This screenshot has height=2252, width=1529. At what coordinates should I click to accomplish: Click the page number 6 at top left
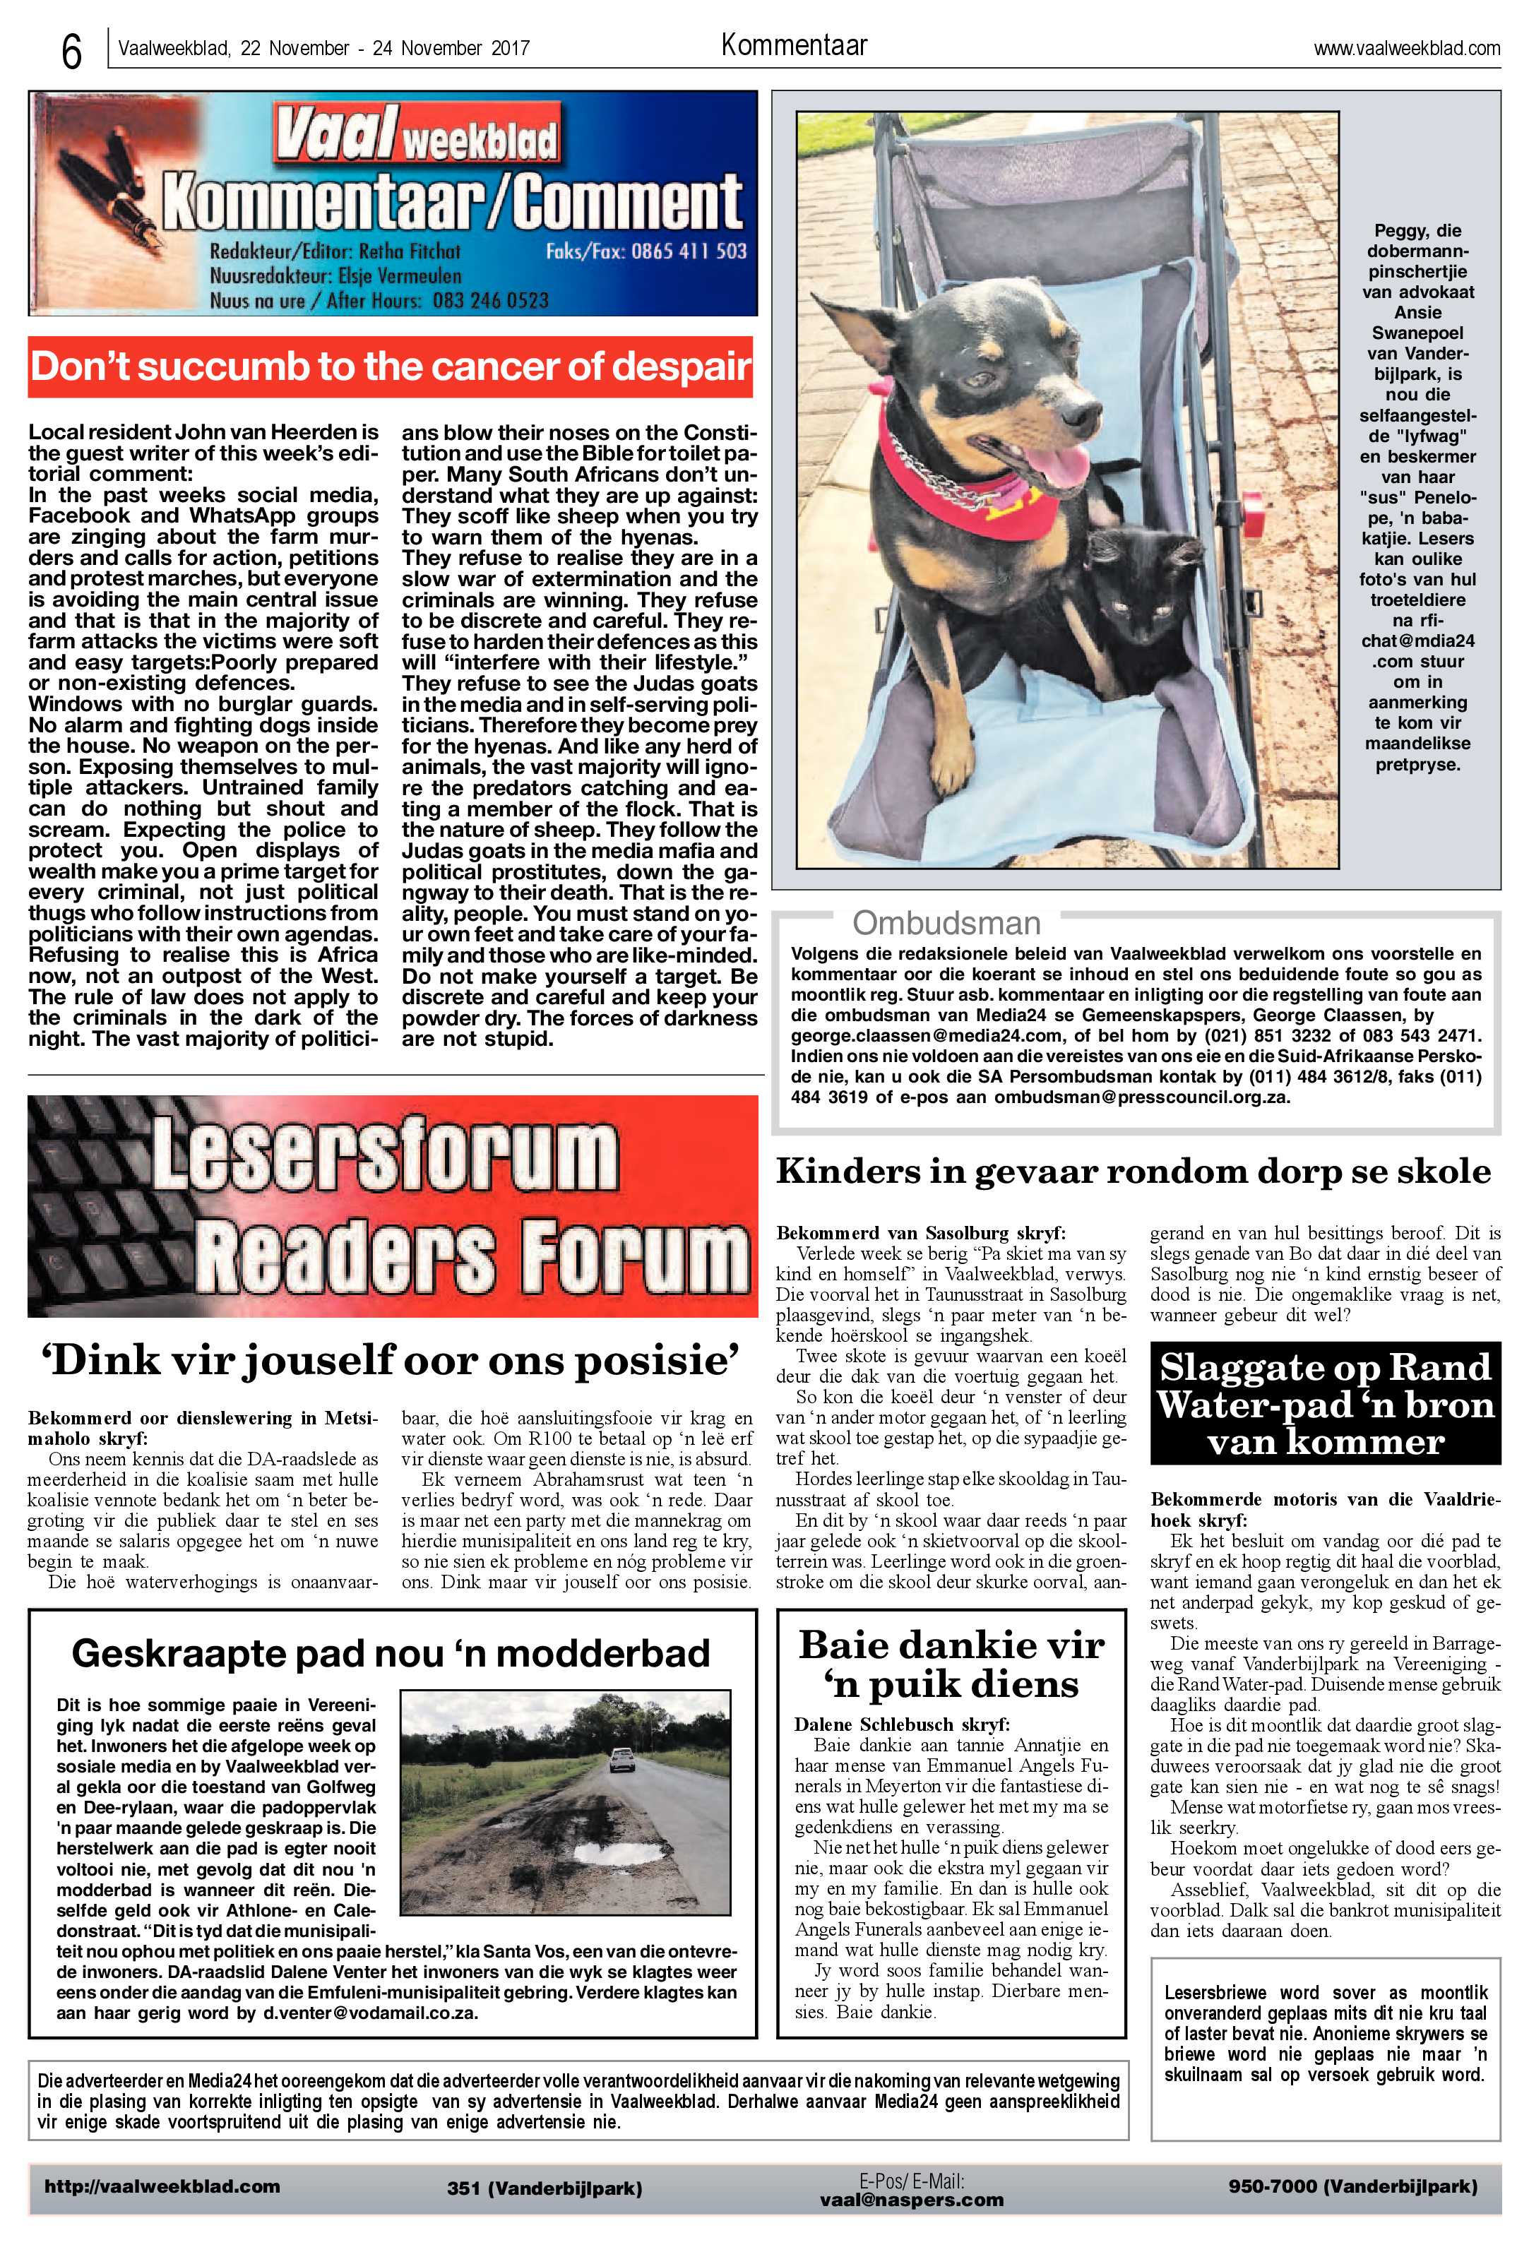pos(71,50)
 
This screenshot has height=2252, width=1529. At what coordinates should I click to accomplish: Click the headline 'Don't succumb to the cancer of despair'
pos(391,367)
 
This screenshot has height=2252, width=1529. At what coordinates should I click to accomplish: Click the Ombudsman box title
pos(946,922)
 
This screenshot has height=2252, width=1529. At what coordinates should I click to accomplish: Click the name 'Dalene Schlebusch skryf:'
pos(901,1724)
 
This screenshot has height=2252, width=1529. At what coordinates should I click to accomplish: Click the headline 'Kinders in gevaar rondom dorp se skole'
pos(1133,1172)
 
